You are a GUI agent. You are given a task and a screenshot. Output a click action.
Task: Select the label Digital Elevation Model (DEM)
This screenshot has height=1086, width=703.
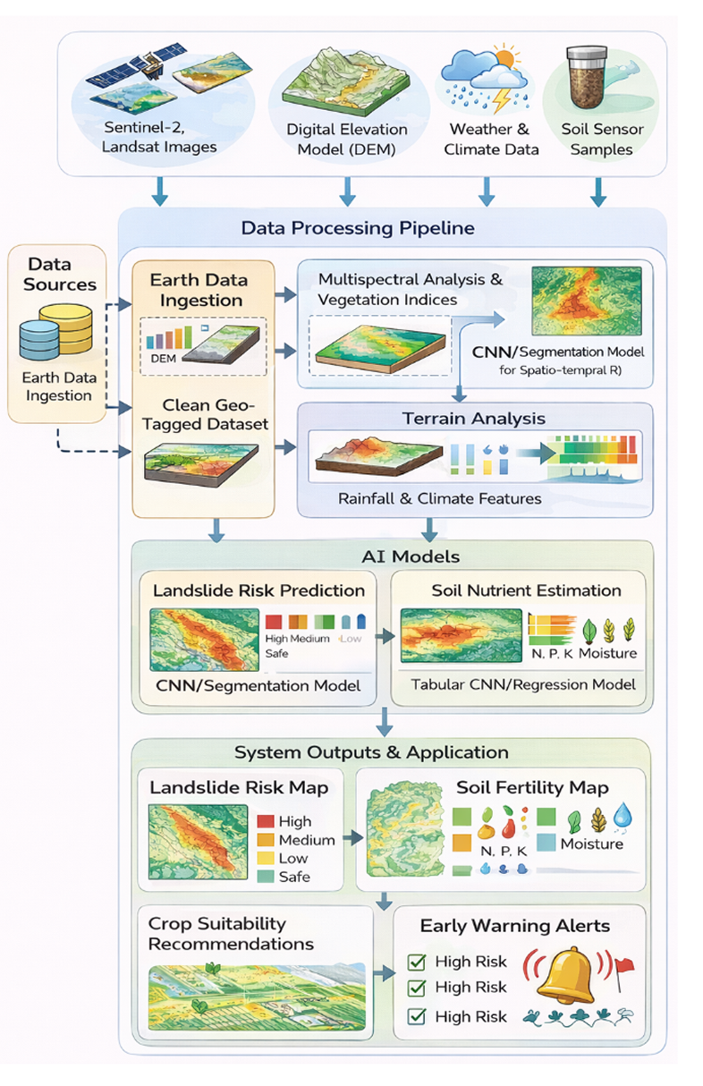[347, 139]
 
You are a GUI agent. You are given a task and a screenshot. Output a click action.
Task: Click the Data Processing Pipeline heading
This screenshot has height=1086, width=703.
[358, 228]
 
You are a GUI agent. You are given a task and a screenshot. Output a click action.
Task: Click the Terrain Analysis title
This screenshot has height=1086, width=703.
[475, 418]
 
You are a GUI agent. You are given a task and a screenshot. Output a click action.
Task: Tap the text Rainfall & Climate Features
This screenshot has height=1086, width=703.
[439, 497]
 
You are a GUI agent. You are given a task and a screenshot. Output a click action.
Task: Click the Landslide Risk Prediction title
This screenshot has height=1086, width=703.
[258, 590]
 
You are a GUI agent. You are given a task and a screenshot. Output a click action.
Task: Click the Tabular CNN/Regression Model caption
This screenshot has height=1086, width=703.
[523, 684]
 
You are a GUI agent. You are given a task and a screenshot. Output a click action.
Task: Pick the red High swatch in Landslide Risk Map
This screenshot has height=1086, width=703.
[266, 821]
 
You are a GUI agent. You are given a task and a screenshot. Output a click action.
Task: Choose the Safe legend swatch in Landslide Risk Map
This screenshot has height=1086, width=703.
[266, 877]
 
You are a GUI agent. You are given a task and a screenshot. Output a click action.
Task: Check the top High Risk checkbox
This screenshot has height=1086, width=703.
[416, 963]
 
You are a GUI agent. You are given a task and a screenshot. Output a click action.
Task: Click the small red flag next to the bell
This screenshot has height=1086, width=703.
[625, 964]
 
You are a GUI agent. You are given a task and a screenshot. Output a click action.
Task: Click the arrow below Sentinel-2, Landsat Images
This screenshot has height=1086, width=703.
[160, 191]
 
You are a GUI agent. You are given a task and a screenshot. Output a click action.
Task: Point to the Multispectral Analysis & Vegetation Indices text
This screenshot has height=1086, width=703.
[411, 288]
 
